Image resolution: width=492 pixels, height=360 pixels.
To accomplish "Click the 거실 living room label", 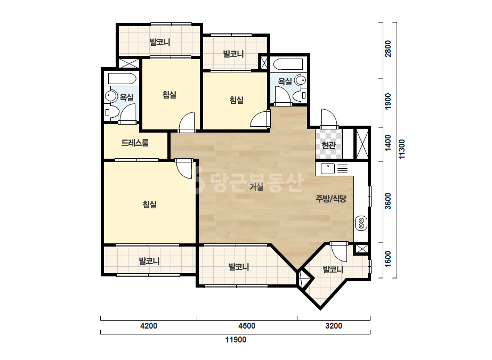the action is pos(256,187).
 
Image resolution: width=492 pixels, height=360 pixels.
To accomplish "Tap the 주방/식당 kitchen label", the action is pos(330,199).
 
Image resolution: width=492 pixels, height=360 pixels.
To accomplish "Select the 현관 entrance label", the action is pos(328,145).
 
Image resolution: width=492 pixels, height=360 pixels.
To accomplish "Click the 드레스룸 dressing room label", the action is pos(135,143).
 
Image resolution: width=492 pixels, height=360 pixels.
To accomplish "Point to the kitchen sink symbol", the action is pos(328,169).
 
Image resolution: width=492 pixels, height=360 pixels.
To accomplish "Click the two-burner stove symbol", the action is pos(361,223).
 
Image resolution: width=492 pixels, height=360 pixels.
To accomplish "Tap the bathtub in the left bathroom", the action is pos(122,78).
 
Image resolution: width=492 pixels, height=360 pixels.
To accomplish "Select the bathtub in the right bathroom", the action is pos(288,64).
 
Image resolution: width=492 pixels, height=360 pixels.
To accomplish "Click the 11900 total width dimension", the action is pos(236,340).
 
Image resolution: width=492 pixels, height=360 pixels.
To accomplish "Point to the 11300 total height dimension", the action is pos(401,149).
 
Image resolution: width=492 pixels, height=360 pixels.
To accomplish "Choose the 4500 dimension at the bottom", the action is pos(247,326).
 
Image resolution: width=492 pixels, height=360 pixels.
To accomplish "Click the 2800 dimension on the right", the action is pos(388,48).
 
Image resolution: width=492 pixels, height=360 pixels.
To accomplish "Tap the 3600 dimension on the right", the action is pos(388,201).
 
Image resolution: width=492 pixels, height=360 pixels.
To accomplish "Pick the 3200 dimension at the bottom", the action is pos(334,326).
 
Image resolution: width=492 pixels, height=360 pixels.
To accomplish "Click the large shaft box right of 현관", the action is pos(362,144).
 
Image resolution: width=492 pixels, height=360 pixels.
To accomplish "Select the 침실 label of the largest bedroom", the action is pos(149,204).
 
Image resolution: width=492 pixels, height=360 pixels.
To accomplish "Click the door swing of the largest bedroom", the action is pos(184,169).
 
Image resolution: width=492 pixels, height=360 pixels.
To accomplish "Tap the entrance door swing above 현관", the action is pos(329,118).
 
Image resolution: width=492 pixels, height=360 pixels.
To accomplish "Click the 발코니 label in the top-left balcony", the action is pos(160,42).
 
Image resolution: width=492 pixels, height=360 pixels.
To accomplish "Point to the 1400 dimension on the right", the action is pos(388,143).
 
